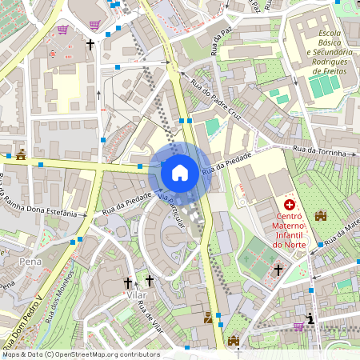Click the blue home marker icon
pyautogui.click(x=180, y=172)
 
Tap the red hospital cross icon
pyautogui.click(x=289, y=206)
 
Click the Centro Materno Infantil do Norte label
pyautogui.click(x=289, y=230)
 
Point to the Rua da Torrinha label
pyautogui.click(x=324, y=150)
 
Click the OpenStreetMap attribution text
pyautogui.click(x=81, y=354)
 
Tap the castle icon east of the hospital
pyautogui.click(x=322, y=216)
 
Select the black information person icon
pyautogui.click(x=310, y=319)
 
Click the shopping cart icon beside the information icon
pyautogui.click(x=298, y=326)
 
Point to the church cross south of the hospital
pyautogui.click(x=278, y=270)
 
